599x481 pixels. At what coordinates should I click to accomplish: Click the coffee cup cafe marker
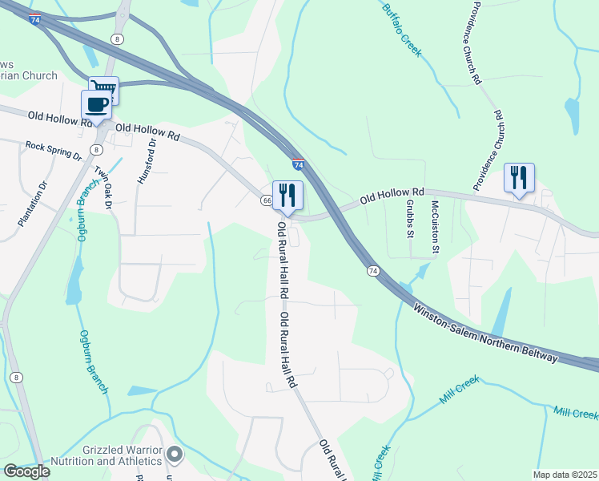tap(96, 105)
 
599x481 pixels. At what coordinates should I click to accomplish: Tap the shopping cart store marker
tap(104, 89)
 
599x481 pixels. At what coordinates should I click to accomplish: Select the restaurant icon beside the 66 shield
tap(286, 196)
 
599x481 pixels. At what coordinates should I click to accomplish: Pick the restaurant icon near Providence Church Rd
tap(519, 177)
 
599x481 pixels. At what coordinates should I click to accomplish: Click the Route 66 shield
tap(264, 200)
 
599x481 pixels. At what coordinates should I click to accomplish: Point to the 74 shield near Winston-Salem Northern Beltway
tap(373, 272)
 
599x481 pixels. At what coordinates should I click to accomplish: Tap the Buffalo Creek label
tap(401, 29)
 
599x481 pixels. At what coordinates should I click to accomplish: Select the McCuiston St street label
tap(435, 227)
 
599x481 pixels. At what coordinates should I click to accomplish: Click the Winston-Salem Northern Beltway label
tap(484, 332)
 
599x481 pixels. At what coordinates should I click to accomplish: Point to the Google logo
tap(26, 471)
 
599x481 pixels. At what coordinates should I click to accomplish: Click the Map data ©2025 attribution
tap(565, 475)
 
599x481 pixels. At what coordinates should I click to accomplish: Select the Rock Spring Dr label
tap(54, 150)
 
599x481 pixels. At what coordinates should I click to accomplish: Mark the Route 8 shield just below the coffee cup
tap(96, 149)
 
